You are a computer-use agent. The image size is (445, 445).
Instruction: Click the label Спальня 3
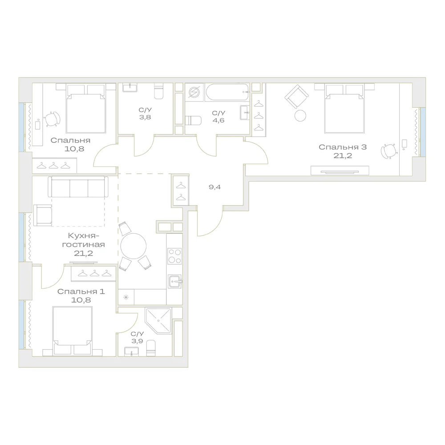coord(343,147)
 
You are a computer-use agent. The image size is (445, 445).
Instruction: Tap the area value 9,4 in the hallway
coord(214,187)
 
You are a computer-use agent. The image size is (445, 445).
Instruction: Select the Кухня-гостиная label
coord(84,240)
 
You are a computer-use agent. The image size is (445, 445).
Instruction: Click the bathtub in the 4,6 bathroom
coord(227,92)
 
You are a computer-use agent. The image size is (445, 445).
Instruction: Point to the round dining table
coord(133,246)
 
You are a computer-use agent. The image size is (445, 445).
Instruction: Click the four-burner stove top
coord(174,256)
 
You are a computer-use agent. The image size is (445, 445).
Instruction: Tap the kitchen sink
coord(175,282)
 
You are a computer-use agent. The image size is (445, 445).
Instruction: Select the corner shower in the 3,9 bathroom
coord(158,321)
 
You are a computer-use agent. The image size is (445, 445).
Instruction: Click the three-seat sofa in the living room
coord(78,186)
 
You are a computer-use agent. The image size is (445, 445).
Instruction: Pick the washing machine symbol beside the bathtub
coord(194,92)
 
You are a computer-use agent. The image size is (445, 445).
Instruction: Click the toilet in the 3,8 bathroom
coord(159,91)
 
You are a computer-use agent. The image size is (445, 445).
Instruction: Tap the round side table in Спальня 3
coord(300,116)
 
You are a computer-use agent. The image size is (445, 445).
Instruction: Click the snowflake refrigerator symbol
coord(126,297)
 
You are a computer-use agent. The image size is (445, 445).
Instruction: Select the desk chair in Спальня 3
coord(389,151)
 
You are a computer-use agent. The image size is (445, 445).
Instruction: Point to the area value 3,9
coord(137,341)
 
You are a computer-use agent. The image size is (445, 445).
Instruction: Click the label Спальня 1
coord(81,291)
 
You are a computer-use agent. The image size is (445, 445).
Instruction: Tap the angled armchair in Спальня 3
coord(296,97)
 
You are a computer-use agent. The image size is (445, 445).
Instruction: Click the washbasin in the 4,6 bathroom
coord(245,113)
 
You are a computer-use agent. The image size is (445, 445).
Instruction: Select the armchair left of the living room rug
coord(43,215)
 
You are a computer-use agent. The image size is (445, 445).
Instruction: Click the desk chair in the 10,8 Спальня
coord(53,119)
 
